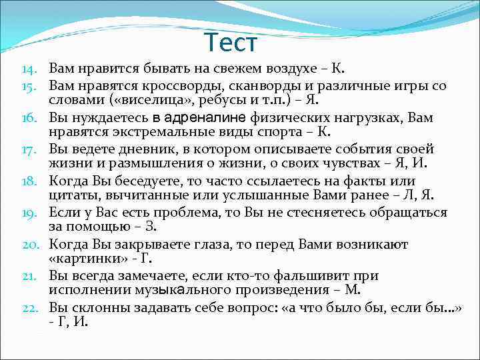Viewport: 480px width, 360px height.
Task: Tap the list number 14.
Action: point(29,69)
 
